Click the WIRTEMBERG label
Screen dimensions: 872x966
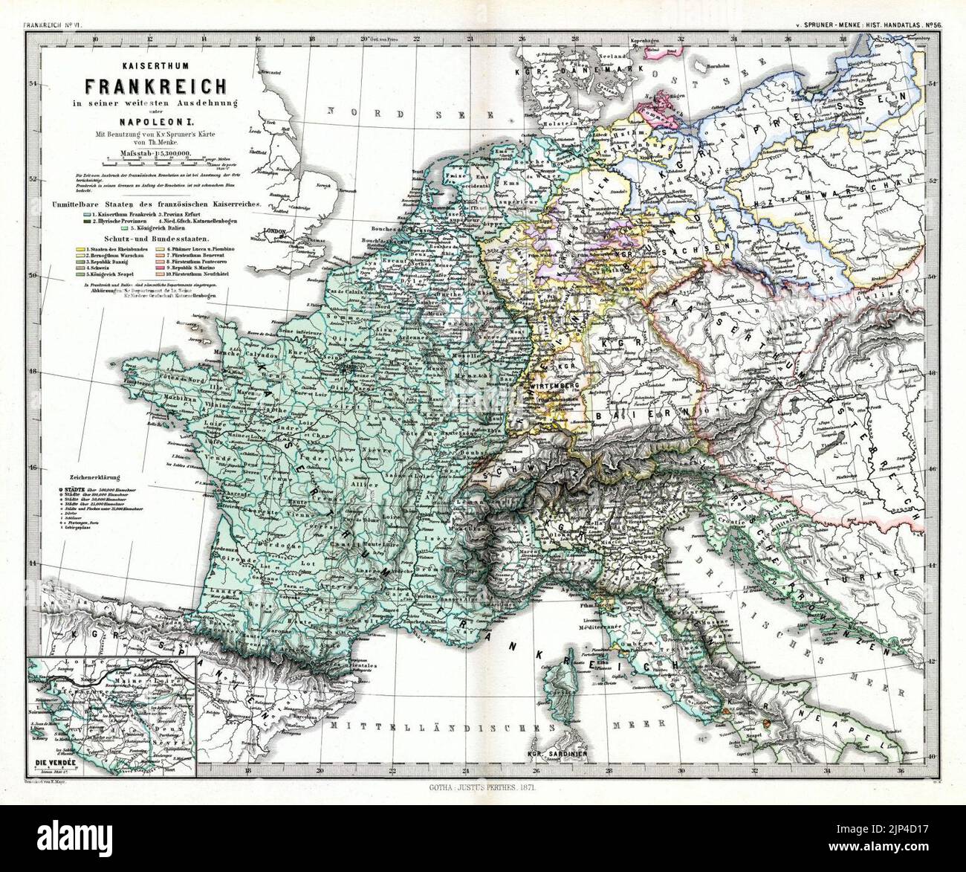pos(554,387)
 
